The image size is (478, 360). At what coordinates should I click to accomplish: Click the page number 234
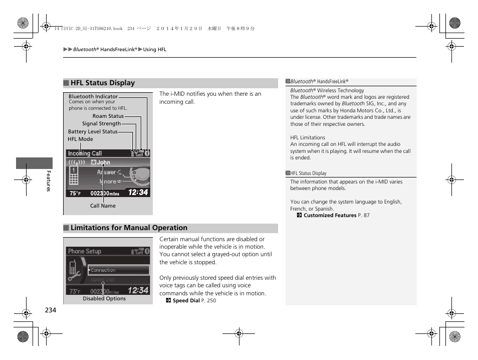tap(51, 310)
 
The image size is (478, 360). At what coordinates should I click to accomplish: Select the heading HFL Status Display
tap(102, 83)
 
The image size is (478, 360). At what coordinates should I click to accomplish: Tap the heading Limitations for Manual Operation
tap(129, 228)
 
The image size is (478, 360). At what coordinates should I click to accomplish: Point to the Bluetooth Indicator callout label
tap(93, 96)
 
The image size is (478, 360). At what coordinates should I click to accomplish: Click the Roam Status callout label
tap(108, 116)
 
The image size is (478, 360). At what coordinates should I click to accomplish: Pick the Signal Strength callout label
tap(101, 124)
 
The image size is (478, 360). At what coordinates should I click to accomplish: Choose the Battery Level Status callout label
tap(93, 132)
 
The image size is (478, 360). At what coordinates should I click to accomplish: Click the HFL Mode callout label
tap(80, 139)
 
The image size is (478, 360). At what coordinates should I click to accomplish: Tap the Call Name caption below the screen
tap(103, 206)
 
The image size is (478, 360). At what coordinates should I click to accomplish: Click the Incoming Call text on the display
tap(85, 153)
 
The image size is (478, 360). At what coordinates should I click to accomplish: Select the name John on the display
tap(103, 162)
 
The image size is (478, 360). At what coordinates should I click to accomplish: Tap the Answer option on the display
tap(107, 172)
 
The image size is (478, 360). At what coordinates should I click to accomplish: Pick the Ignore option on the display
tap(108, 182)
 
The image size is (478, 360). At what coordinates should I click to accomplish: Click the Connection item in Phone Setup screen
tap(103, 270)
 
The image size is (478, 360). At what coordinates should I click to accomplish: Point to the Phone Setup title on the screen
tap(85, 251)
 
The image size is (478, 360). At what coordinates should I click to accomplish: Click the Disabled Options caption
tap(104, 299)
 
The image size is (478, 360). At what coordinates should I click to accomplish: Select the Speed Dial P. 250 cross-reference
tap(194, 301)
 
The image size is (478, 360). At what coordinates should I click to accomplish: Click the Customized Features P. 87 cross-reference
tap(336, 216)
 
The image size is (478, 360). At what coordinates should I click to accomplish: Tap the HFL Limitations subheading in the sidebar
tap(308, 137)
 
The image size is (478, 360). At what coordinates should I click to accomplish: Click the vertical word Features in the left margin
tap(49, 181)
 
